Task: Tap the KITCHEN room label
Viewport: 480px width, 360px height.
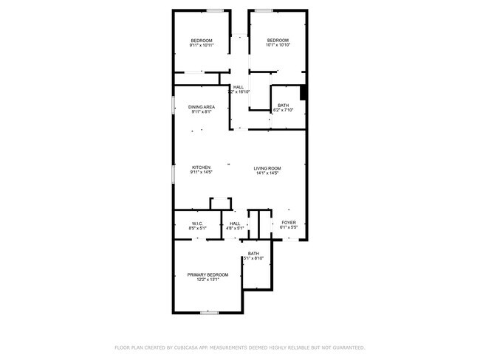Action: point(202,167)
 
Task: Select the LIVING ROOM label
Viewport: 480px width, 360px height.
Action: point(267,168)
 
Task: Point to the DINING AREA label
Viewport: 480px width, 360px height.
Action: point(202,108)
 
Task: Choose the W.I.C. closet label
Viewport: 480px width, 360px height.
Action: point(197,223)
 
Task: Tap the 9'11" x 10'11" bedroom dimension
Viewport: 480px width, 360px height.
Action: point(202,46)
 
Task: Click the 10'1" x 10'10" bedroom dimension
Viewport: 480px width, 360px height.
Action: point(277,46)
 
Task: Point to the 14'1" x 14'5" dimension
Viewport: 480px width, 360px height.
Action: point(267,173)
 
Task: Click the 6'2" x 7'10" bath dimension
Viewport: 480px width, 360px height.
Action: point(284,111)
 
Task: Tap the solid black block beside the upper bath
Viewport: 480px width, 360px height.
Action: point(303,94)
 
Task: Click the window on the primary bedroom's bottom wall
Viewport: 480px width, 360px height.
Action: point(209,313)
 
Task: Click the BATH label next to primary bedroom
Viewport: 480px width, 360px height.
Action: point(253,253)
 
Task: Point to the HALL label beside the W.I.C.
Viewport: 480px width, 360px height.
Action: point(235,223)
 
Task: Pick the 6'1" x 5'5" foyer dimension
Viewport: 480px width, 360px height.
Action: point(289,228)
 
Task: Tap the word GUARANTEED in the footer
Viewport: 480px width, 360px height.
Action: point(346,347)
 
